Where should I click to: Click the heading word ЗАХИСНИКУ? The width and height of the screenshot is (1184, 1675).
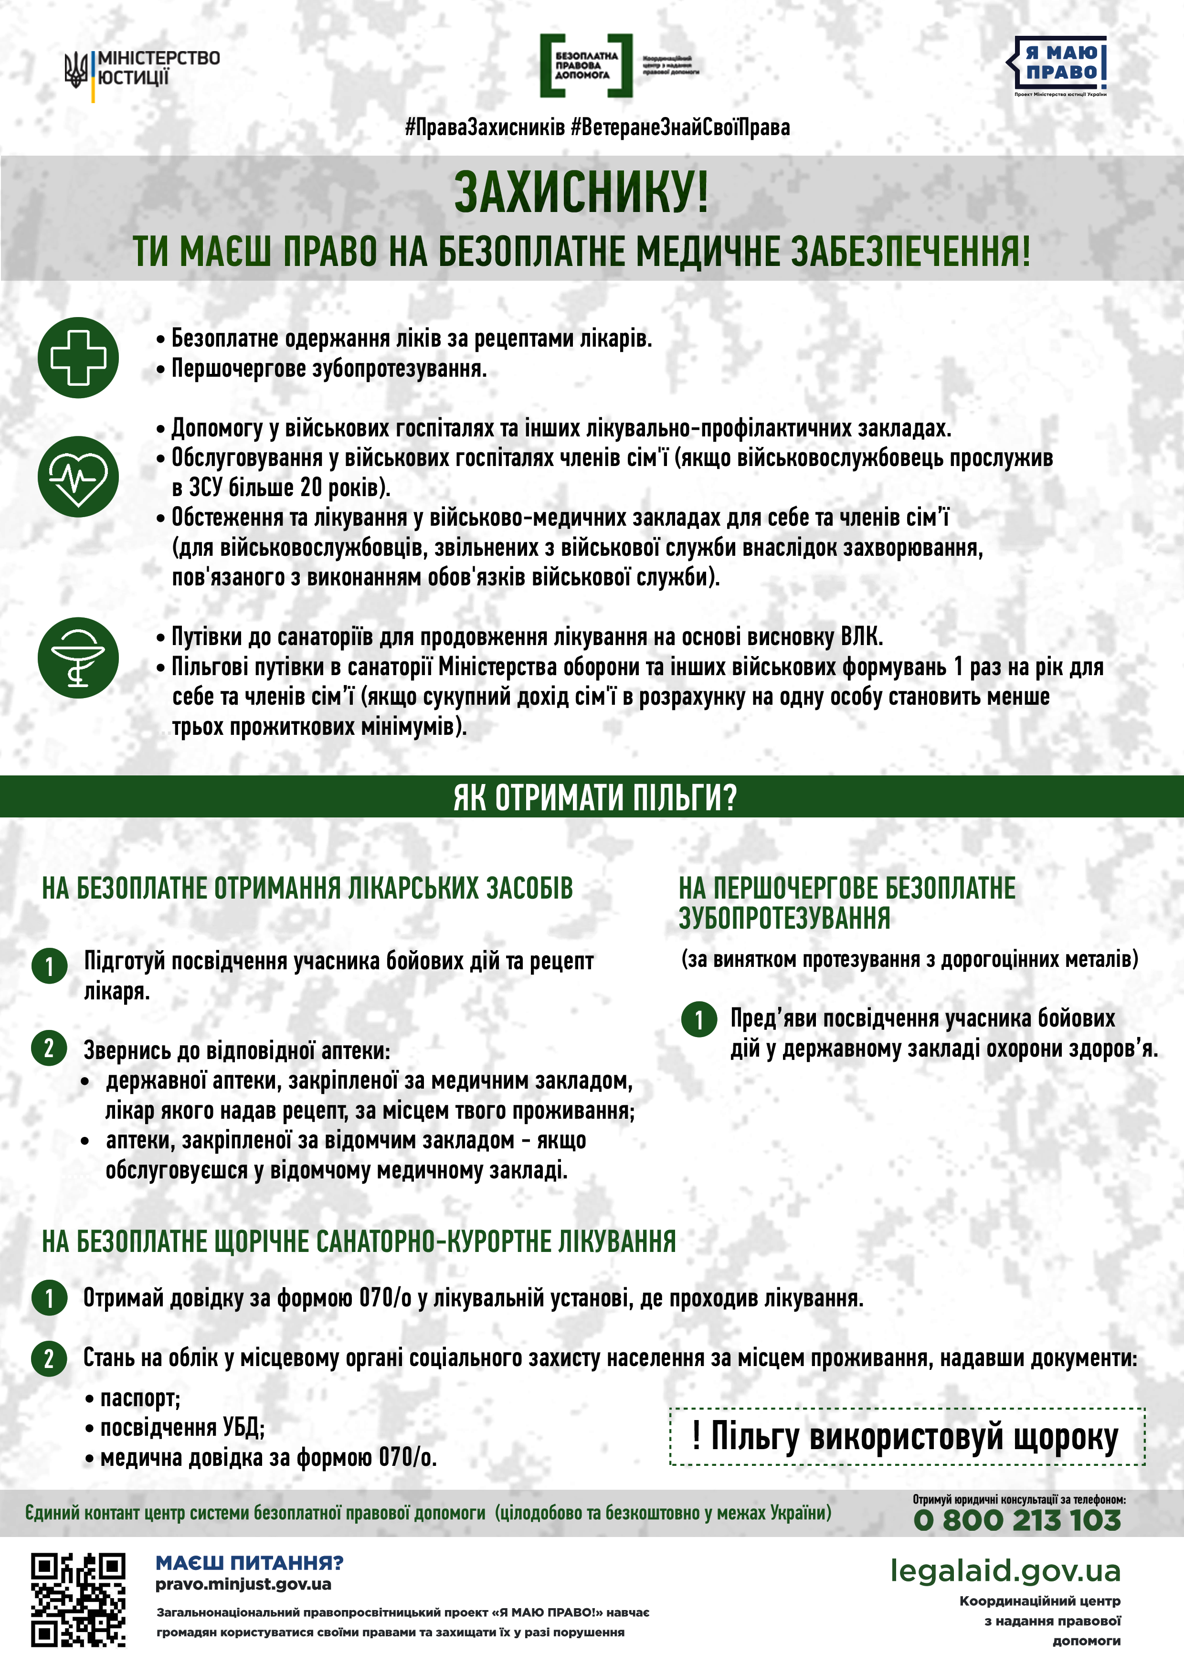tap(581, 192)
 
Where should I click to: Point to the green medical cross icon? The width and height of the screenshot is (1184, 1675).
tap(78, 358)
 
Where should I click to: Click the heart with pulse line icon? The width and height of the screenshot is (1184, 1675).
tap(78, 477)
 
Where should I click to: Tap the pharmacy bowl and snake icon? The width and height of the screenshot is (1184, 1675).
tap(78, 657)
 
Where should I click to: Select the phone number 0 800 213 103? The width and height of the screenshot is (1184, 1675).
tap(1017, 1520)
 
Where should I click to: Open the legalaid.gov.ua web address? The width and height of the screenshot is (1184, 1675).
tap(1004, 1571)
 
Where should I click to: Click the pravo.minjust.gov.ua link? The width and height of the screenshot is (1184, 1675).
tap(243, 1585)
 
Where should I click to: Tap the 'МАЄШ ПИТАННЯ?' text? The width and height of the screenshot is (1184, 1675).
tap(249, 1563)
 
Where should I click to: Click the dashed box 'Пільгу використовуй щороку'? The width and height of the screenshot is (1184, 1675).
tap(907, 1436)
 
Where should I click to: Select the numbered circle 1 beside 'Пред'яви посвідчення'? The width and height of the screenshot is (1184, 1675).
tap(699, 1019)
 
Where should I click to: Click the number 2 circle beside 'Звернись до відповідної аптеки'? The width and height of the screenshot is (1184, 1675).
tap(49, 1049)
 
